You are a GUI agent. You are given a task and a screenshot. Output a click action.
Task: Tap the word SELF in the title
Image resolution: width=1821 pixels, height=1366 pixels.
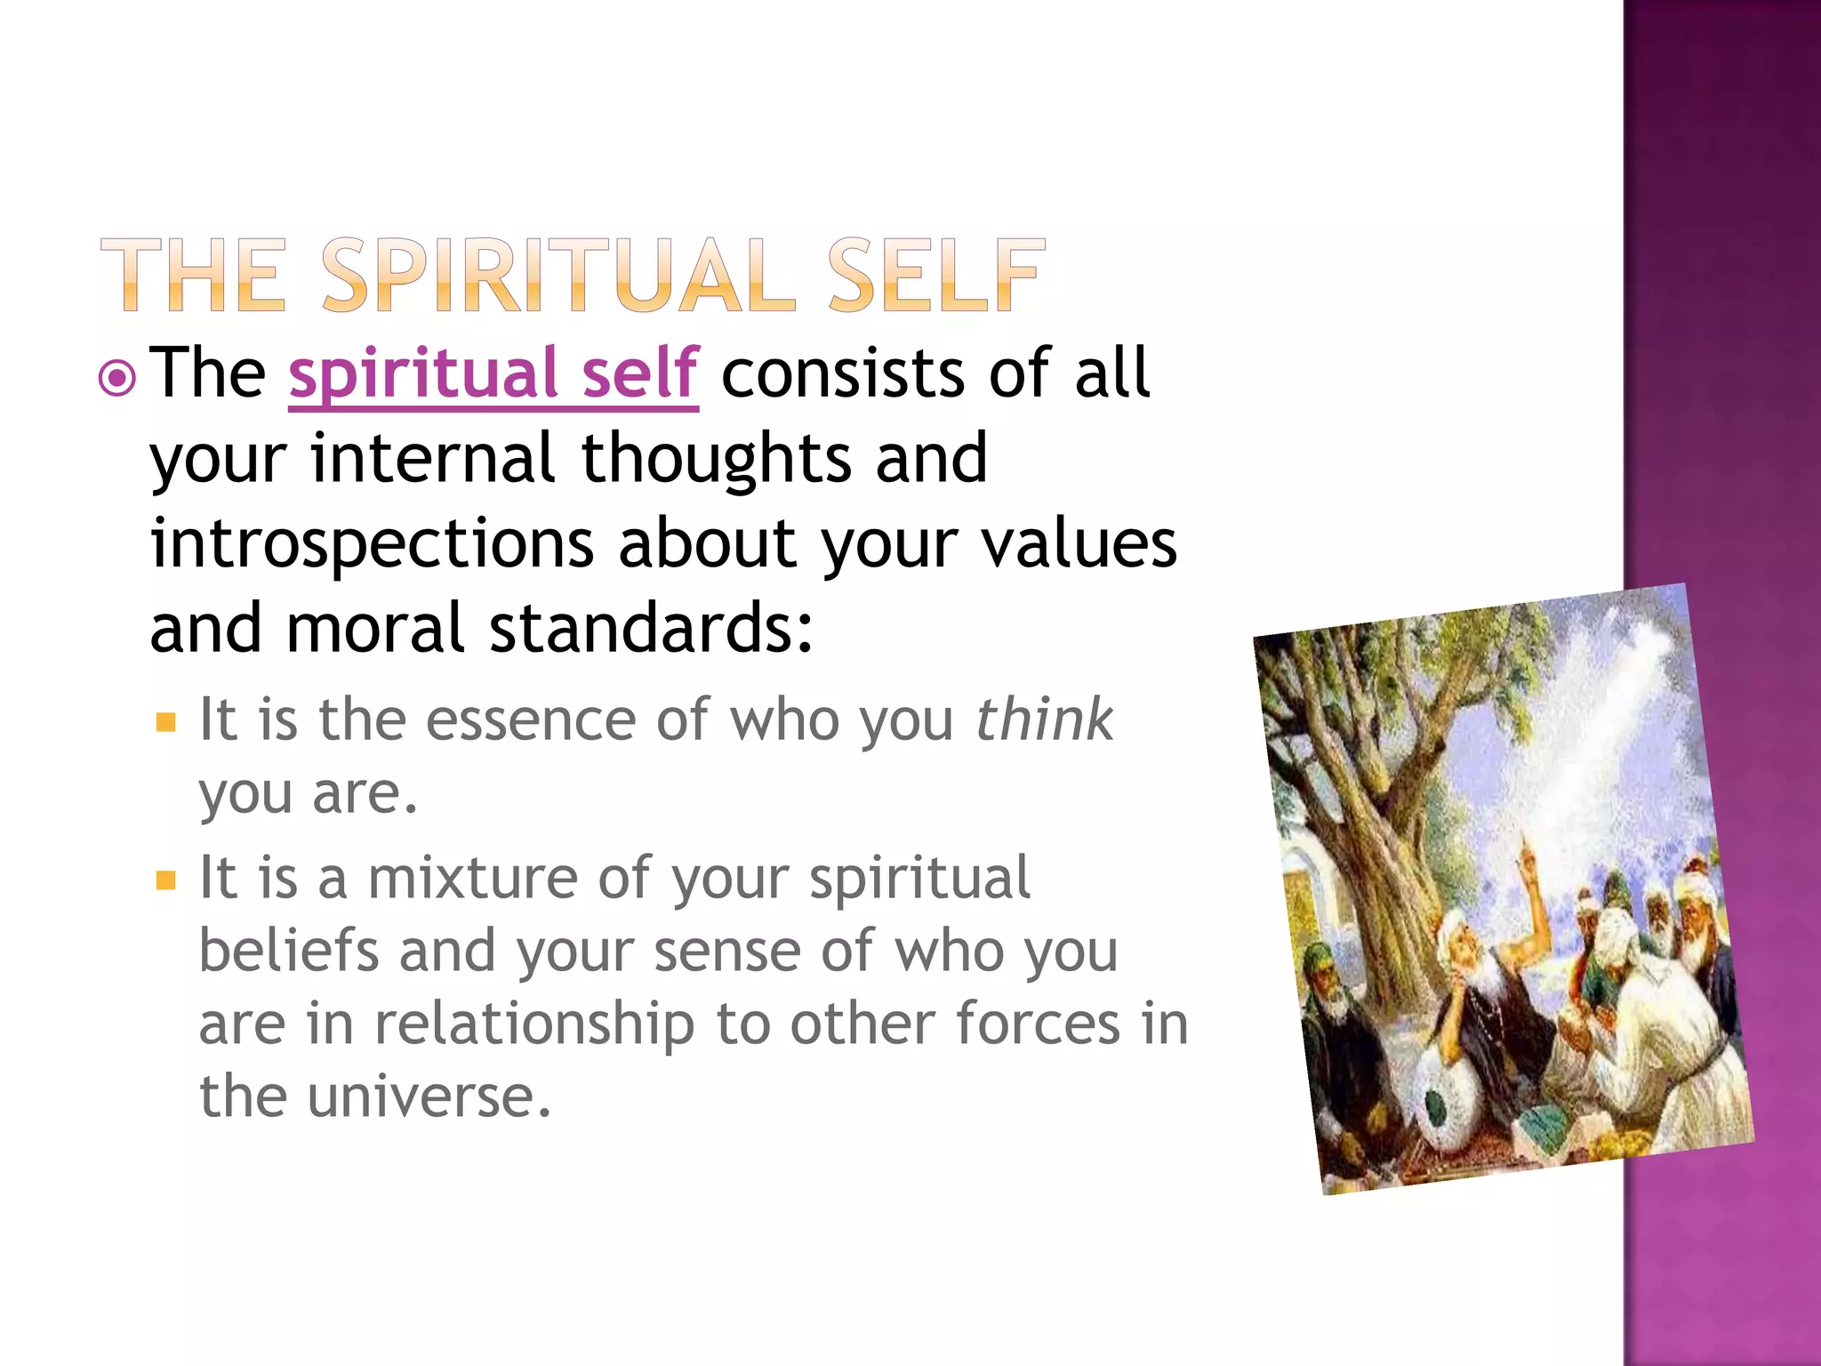pos(935,276)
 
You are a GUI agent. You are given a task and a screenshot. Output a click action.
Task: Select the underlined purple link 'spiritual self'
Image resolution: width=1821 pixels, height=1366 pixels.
pos(493,374)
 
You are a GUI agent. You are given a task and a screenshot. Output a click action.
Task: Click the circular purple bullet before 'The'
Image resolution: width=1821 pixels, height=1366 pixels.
pos(117,380)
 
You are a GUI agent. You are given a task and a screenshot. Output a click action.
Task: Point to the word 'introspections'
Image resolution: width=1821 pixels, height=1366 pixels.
pos(372,544)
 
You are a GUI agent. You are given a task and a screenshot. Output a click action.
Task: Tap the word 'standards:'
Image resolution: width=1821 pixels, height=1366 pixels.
pos(651,628)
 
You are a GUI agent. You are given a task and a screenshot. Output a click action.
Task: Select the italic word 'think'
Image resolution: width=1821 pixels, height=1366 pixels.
pos(1044,719)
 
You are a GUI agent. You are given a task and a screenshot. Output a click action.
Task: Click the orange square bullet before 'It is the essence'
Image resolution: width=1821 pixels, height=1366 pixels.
pos(166,721)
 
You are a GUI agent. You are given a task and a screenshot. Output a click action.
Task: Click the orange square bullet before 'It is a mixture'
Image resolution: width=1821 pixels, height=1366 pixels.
pos(166,880)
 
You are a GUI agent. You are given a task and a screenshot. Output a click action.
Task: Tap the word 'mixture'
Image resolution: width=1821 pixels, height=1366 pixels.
pos(472,879)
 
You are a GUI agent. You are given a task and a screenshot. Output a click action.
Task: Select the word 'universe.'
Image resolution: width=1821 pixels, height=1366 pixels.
pos(429,1097)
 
